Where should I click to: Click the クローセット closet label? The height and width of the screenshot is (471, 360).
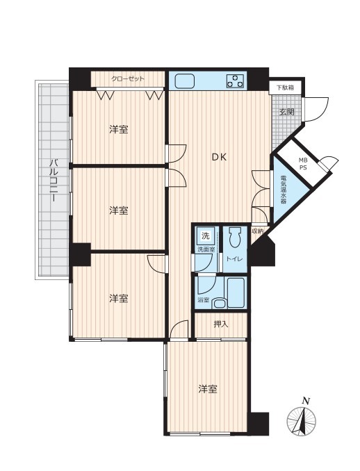[x=128, y=79]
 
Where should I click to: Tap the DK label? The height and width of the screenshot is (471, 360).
[x=219, y=157]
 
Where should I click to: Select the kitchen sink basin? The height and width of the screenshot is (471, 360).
[x=184, y=81]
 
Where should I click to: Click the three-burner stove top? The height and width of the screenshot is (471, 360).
[x=236, y=81]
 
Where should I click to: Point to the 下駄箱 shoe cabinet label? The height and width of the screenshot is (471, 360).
[x=285, y=88]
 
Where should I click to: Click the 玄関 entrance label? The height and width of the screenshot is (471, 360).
[x=286, y=113]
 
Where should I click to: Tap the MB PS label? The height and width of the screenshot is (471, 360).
[x=302, y=165]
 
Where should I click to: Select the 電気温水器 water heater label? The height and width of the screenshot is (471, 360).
[x=283, y=190]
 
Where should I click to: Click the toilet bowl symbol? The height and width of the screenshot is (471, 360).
[x=234, y=238]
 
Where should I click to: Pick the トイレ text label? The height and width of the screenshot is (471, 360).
[x=234, y=259]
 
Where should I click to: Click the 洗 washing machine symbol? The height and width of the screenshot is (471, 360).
[x=206, y=235]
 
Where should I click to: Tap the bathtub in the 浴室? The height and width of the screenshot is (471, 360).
[x=237, y=292]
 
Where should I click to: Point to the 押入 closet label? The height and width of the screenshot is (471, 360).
[x=221, y=324]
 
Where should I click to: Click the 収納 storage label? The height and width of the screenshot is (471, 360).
[x=258, y=231]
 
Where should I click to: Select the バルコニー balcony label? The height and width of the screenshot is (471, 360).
[x=54, y=180]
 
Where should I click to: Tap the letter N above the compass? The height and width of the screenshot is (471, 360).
[x=306, y=401]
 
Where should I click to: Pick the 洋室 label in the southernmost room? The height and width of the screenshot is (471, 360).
[x=208, y=389]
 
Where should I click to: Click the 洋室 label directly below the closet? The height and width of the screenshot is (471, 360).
[x=119, y=129]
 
